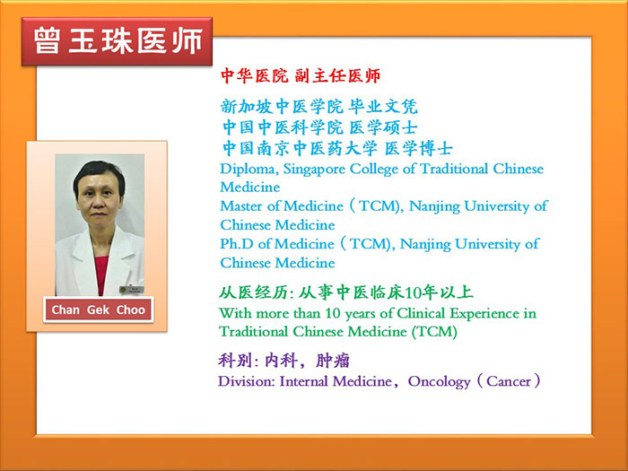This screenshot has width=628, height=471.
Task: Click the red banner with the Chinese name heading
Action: coord(117,41)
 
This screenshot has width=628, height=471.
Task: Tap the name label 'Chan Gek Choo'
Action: coord(98,310)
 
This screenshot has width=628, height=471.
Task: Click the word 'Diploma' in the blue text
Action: coord(248,169)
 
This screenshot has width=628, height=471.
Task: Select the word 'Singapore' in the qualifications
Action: coord(314,170)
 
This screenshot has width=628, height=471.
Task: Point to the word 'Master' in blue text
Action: coord(241,206)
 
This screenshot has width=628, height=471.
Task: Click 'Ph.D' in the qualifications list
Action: coord(237,244)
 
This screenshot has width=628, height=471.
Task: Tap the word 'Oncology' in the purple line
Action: coord(439,382)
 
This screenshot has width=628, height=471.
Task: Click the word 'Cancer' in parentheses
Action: coord(509,381)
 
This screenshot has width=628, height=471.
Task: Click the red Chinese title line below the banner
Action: coord(301,75)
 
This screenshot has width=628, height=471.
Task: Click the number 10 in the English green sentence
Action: coord(333,314)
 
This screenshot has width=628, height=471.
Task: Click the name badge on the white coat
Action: coord(131,290)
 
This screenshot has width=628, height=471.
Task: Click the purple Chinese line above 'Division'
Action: coord(284,361)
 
